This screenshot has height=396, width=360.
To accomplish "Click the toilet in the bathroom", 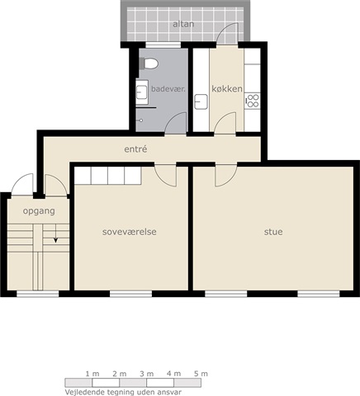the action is coord(149,64).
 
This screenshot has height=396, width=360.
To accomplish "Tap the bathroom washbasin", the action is coord(142,92).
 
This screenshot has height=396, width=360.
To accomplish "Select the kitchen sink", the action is coord(201,101).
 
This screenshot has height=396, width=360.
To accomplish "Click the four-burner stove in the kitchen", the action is coord(252,101).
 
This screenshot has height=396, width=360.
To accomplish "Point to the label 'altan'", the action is coord(183,24).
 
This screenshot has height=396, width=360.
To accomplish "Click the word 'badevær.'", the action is coord(168,89).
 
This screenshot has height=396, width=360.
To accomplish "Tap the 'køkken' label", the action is coord(227,88).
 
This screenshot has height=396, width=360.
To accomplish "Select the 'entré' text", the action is coord(135,149).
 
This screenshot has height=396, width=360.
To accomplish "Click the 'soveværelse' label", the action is coord(130,232).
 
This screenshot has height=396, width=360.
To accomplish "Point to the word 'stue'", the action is coord(273,232).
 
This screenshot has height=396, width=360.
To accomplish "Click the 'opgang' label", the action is coord(39,211).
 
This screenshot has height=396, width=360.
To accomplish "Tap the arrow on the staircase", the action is coord(55,233).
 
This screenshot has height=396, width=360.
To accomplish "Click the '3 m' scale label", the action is coord(146,374).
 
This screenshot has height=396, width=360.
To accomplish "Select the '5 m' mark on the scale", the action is coord(201,374).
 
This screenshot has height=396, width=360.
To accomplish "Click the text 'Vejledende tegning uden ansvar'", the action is coord(123,392).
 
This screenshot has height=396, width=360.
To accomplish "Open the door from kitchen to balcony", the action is coord(227,33).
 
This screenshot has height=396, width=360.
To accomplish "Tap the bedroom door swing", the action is coord(165,176).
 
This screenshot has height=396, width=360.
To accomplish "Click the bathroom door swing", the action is coord(176,123).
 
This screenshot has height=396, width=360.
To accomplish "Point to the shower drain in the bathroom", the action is coord(141,120).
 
